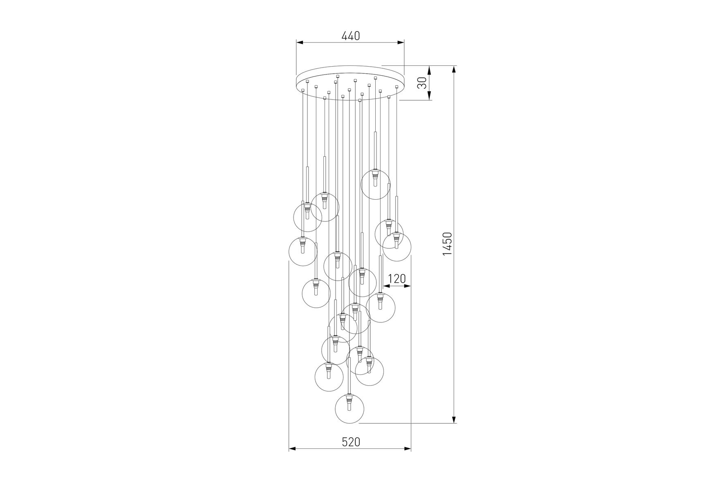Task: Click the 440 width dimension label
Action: pos(350,36)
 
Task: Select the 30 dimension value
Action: pos(423,83)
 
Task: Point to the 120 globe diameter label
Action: pos(396,279)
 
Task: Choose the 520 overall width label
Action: pos(351,442)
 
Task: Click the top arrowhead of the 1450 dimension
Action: pos(454,69)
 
